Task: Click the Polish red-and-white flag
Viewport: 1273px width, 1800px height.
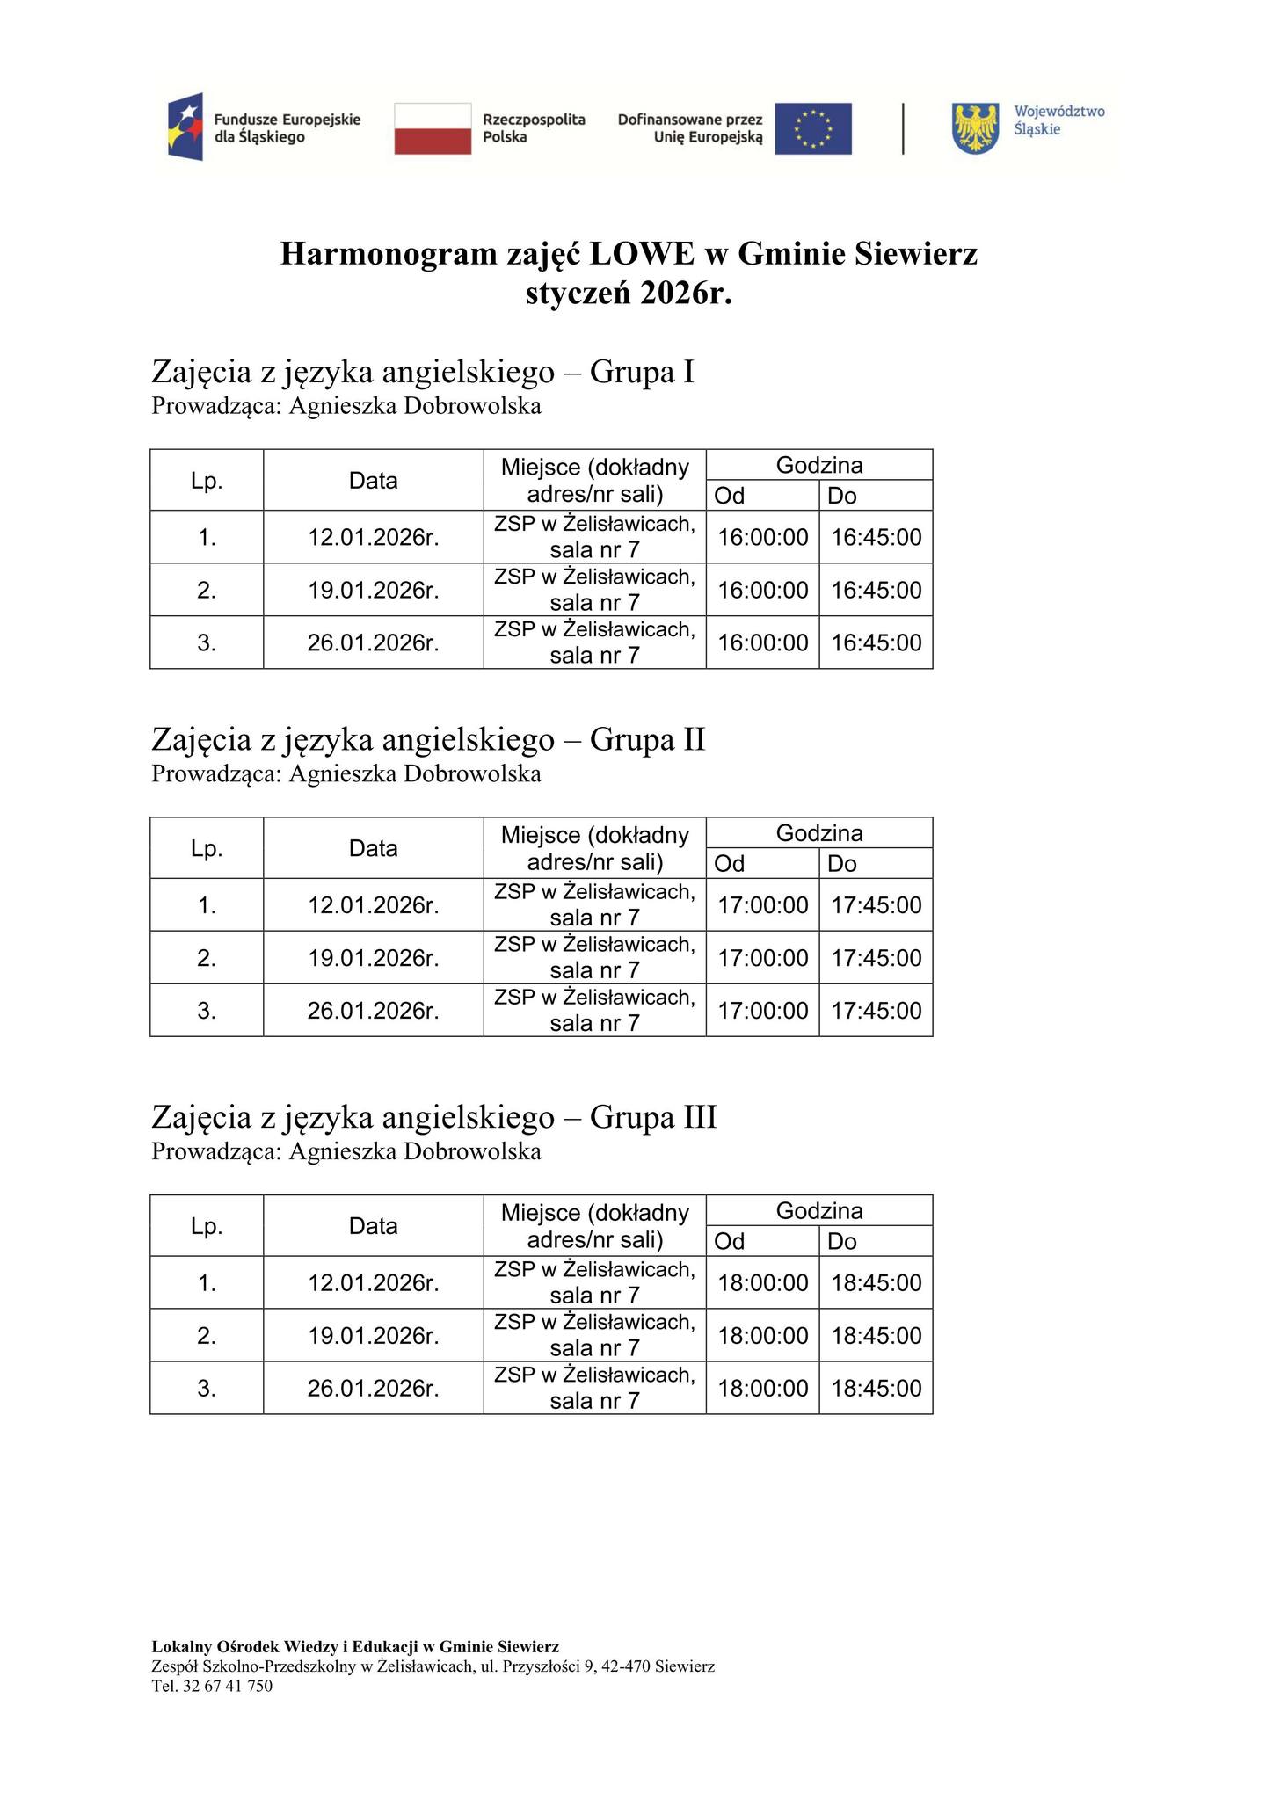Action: click(433, 128)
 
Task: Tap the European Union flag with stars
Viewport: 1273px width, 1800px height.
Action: click(812, 128)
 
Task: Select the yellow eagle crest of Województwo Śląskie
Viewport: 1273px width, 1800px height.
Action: click(976, 128)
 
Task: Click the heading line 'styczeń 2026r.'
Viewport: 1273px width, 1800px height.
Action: click(629, 294)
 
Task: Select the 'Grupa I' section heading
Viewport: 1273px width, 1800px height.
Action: click(423, 372)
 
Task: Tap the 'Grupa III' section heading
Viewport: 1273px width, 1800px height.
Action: click(434, 1117)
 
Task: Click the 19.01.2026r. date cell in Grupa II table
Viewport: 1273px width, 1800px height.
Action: click(373, 958)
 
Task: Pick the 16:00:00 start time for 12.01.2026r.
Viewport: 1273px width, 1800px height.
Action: click(762, 537)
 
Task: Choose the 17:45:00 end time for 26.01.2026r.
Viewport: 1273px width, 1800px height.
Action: click(876, 1011)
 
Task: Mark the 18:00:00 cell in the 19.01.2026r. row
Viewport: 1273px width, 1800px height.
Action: click(762, 1336)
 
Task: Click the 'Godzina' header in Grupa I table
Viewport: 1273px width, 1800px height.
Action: click(818, 465)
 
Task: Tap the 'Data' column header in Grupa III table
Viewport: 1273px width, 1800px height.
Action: click(373, 1226)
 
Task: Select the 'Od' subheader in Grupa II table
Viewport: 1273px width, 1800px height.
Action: click(730, 864)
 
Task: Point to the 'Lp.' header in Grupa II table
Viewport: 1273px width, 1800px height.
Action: click(207, 848)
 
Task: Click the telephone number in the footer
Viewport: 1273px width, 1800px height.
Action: click(212, 1686)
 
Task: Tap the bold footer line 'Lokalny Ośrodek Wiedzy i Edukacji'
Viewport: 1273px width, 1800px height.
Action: click(355, 1646)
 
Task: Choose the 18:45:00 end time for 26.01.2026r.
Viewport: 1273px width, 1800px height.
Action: click(876, 1389)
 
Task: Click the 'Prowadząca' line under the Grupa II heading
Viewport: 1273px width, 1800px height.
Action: click(346, 774)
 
